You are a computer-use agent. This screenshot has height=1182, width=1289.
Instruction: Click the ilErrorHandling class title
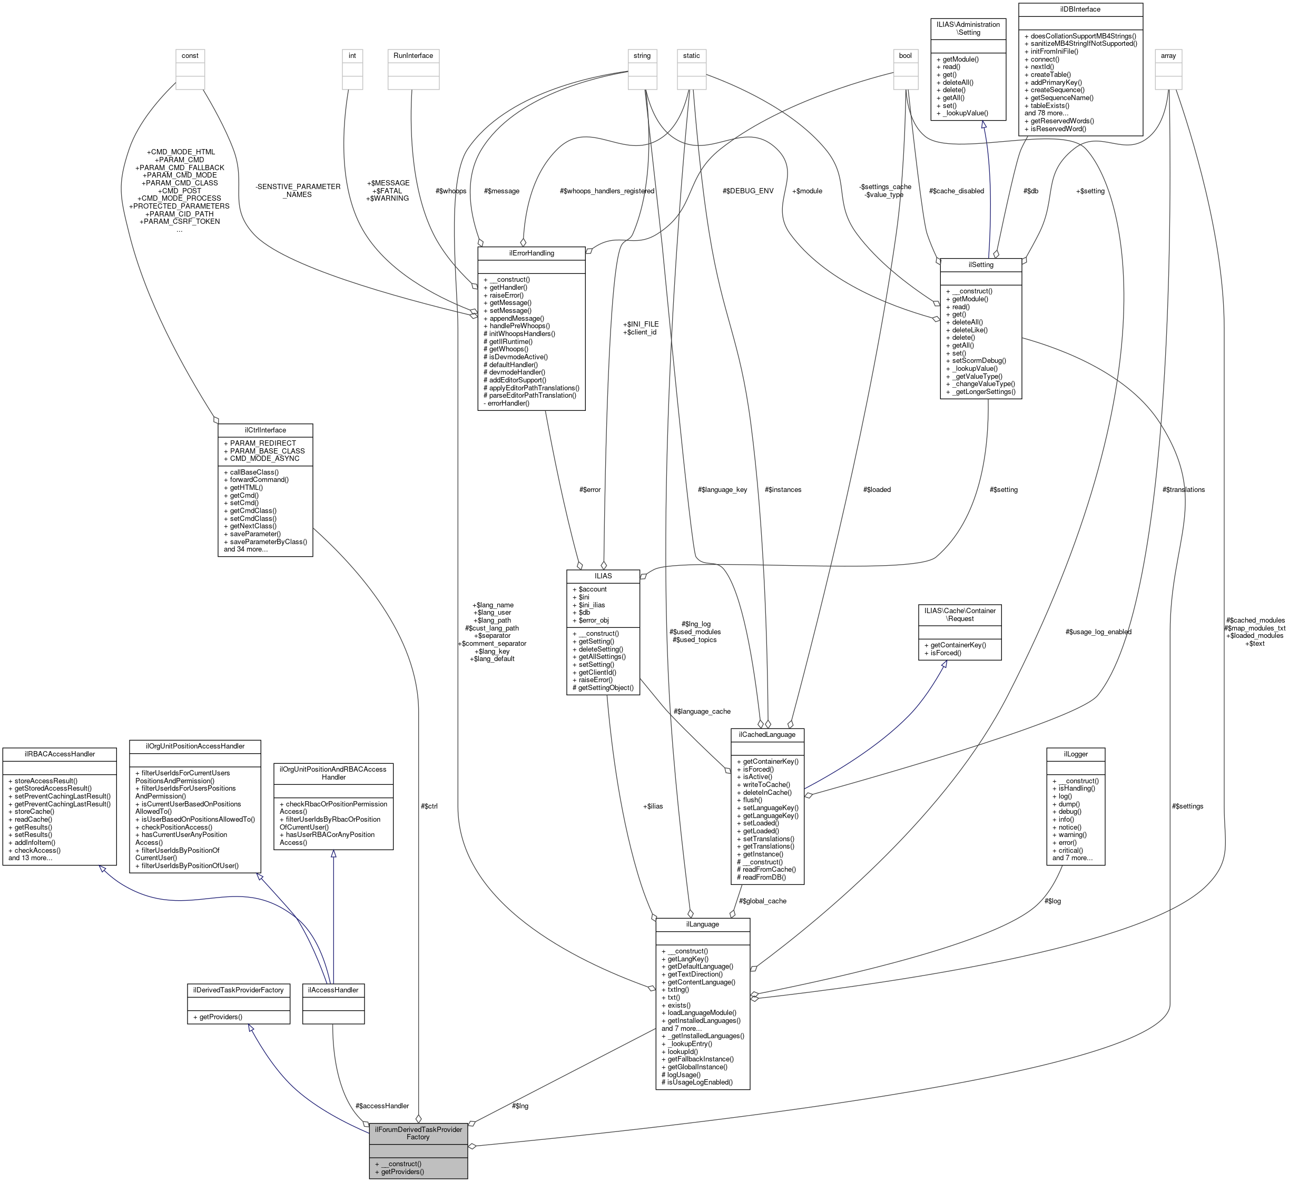point(531,253)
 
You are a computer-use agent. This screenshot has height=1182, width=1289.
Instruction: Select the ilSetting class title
point(981,264)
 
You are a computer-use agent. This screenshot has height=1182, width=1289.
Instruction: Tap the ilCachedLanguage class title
point(767,734)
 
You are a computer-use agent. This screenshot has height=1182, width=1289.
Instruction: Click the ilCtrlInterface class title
point(265,430)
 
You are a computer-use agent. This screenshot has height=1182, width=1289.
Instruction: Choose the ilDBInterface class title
point(1080,9)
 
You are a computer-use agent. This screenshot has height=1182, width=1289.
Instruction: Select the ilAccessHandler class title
point(332,989)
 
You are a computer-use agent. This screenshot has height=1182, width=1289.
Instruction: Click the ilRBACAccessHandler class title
point(59,754)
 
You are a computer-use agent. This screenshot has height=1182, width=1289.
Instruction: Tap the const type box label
point(190,56)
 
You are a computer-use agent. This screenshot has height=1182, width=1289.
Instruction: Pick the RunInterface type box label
point(413,56)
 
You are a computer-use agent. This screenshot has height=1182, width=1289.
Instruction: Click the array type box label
point(1168,56)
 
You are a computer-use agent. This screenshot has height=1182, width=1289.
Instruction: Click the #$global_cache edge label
point(763,901)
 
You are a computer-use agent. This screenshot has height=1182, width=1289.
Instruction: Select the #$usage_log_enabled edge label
point(1098,632)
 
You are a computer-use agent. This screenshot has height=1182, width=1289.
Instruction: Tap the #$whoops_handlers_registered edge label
point(606,191)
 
